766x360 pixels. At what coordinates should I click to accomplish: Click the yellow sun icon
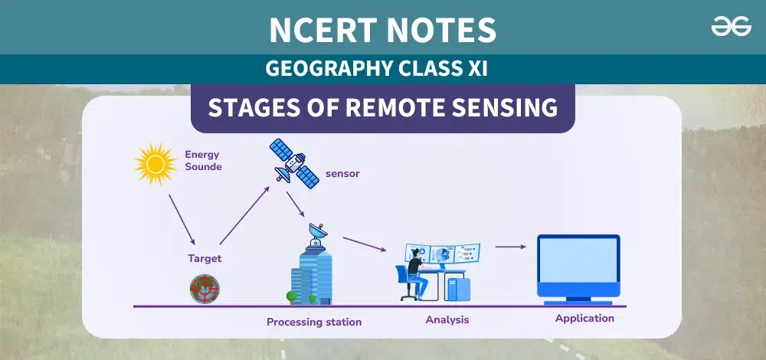(x=155, y=164)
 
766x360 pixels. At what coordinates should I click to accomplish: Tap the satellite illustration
(x=295, y=163)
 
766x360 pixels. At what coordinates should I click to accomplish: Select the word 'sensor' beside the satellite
(x=342, y=173)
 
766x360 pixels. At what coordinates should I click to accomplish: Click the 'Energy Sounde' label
(x=203, y=161)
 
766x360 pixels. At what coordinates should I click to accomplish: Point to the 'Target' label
(x=205, y=258)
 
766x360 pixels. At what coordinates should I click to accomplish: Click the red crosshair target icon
(x=205, y=289)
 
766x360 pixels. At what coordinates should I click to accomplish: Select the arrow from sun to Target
(x=182, y=219)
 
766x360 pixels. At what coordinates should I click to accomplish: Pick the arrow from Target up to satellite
(x=244, y=215)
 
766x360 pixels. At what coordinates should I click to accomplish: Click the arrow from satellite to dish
(x=295, y=204)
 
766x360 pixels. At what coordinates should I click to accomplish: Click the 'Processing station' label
(x=314, y=322)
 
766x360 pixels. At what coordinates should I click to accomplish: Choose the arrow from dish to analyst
(x=365, y=244)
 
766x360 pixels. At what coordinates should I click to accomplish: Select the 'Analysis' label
(x=447, y=320)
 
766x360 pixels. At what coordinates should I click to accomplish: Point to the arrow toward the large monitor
(x=510, y=247)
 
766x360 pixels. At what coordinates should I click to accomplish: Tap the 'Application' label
(x=584, y=319)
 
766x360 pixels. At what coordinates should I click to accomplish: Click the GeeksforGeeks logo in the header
(x=731, y=26)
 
